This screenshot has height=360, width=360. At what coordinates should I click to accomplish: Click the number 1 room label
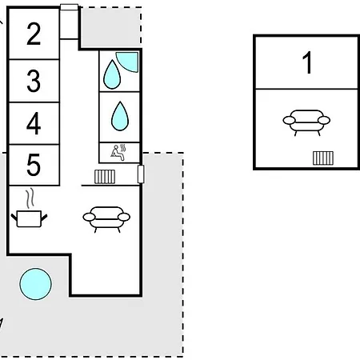307,62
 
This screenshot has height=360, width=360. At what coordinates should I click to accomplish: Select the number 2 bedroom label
34,34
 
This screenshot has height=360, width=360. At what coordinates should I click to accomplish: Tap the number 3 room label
34,81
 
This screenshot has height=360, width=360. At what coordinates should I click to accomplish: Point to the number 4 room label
34,123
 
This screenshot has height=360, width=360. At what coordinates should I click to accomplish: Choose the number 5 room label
34,165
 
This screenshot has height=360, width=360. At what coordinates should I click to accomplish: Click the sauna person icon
117,153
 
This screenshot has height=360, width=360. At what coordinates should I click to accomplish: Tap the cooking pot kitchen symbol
29,218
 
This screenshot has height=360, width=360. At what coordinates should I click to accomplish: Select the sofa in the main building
106,219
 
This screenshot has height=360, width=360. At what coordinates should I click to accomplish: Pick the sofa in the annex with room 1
306,122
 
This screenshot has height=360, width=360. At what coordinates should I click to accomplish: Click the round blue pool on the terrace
35,284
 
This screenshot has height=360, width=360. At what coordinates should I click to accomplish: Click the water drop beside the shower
112,74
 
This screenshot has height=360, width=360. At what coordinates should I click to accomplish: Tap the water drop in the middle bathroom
120,116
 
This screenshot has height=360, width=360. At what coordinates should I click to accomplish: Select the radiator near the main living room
105,177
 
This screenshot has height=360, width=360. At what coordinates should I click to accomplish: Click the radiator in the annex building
323,158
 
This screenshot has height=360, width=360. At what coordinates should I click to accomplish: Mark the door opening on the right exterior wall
141,174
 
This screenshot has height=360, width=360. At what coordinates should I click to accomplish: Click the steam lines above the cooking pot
30,198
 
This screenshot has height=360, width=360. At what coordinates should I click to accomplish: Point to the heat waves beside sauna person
122,148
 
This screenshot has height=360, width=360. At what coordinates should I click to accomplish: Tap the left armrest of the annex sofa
289,120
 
